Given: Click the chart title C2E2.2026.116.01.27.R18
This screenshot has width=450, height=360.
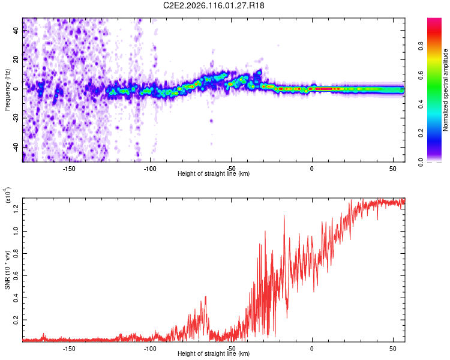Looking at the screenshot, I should pos(214,6).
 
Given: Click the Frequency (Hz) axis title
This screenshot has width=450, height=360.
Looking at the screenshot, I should pos(7,89).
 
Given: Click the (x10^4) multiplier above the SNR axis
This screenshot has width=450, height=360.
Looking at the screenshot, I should pos(8,196).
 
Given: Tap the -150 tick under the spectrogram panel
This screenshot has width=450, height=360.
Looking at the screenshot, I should pos(69,168).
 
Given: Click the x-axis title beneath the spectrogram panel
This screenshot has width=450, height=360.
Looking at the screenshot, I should pos(214,174).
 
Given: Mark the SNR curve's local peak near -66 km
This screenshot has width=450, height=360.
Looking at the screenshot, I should pos(206,296).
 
